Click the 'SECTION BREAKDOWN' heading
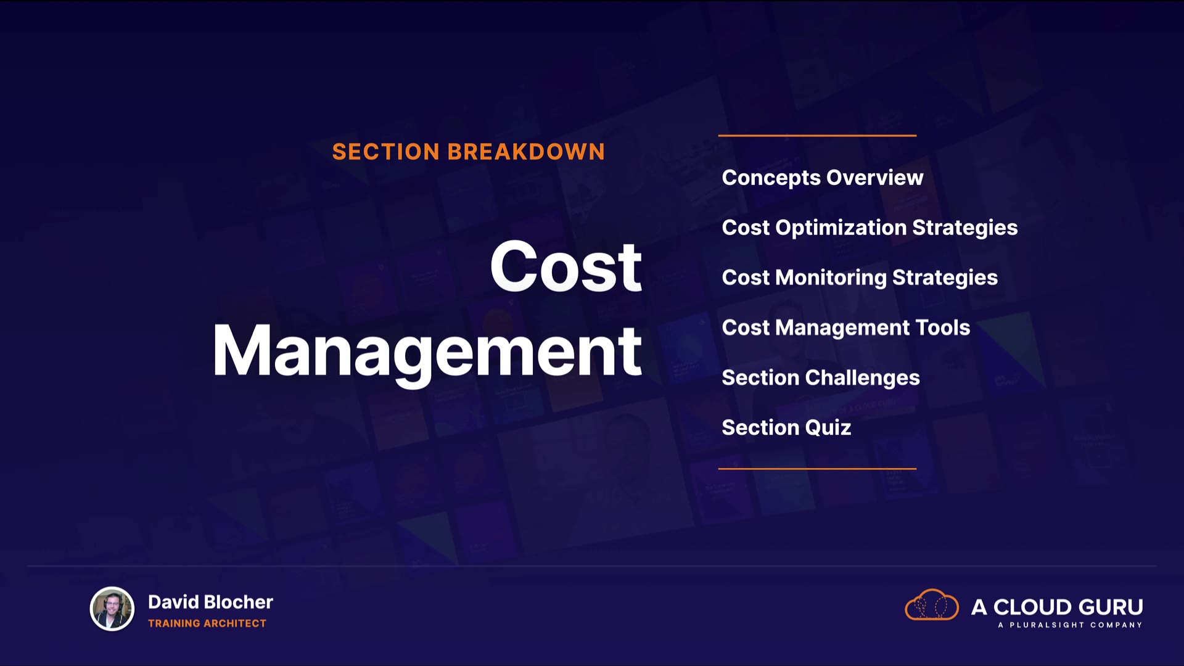coord(469,152)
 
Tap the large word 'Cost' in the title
coord(565,266)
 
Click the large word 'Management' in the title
coord(427,353)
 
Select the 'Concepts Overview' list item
coord(823,178)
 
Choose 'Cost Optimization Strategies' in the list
coord(869,228)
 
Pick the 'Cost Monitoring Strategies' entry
coord(860,278)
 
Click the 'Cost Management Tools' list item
coord(846,328)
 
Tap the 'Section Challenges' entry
coord(821,378)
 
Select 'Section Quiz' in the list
coord(786,427)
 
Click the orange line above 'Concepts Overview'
coord(817,135)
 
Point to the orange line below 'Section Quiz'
coord(817,469)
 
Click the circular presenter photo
coord(112,609)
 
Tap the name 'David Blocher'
coord(210,602)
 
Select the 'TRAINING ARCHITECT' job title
coord(207,623)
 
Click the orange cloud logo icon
coord(932,605)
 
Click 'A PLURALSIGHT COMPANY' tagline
coord(1070,625)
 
